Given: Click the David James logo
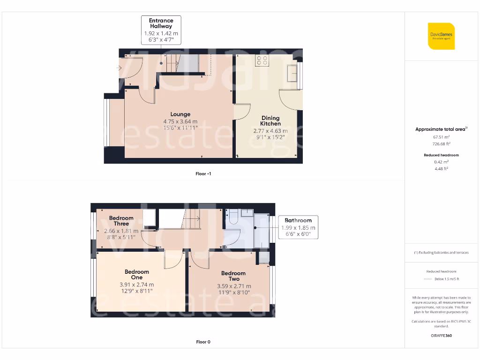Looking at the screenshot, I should tap(441, 36).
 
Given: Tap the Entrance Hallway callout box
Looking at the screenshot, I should tap(161, 30).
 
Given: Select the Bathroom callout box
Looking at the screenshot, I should tap(298, 227).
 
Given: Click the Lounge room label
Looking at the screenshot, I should tap(180, 114).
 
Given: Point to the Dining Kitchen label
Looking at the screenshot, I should tap(270, 121).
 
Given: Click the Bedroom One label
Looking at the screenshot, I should tap(137, 275).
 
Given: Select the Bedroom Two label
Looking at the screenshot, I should tap(233, 276).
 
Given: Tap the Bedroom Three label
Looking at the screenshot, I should tap(121, 221).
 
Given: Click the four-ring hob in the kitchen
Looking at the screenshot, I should tap(262, 60).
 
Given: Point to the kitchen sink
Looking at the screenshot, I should tap(292, 73).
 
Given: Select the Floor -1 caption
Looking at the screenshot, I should tap(203, 174).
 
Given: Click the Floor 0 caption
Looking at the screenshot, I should tap(203, 342).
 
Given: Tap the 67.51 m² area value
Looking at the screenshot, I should tap(441, 137).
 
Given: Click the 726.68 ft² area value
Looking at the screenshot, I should tap(441, 144).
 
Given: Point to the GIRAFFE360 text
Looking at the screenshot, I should tap(441, 336).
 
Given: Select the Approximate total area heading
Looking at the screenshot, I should tap(441, 129).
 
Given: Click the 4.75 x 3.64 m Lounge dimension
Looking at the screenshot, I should tap(180, 121).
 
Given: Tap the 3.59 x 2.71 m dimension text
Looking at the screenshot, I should tap(233, 286).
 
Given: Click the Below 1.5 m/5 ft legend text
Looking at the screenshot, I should tap(446, 279).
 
